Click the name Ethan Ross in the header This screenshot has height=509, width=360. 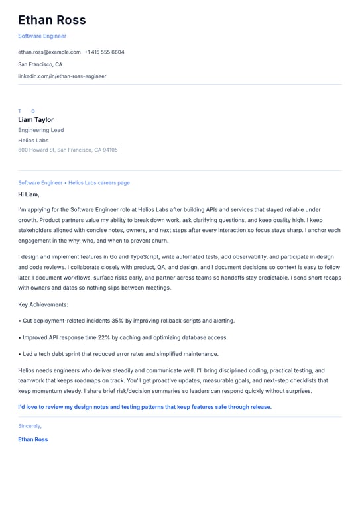tap(52, 20)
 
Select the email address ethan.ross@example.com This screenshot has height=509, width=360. tap(49, 52)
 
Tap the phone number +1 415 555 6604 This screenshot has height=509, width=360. tap(104, 52)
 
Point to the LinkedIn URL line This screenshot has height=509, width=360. tap(62, 76)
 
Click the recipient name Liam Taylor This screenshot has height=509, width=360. tap(36, 120)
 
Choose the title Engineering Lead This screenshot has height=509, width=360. tap(41, 130)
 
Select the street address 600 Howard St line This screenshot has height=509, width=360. tap(68, 150)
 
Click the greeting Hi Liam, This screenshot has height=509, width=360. tap(29, 194)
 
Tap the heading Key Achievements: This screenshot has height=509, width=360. tap(43, 304)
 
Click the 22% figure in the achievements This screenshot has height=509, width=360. tap(103, 337)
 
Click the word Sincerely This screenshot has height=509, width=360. tap(29, 426)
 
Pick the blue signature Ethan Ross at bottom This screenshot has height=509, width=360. tap(32, 439)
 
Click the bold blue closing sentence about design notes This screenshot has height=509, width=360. tap(145, 407)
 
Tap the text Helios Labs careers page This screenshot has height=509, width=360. tap(99, 182)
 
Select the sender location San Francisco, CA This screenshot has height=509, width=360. tap(40, 64)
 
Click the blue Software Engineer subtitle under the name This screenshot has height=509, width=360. tap(42, 36)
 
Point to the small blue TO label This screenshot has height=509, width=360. tap(27, 111)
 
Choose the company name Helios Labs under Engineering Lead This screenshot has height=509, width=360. tap(33, 141)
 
